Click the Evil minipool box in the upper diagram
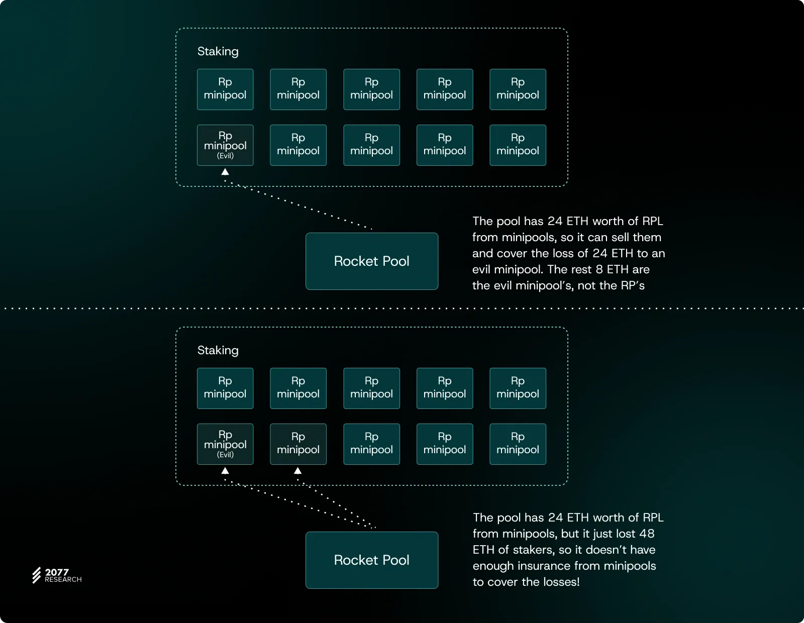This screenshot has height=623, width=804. click(x=225, y=145)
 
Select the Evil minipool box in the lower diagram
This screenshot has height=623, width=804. click(x=225, y=444)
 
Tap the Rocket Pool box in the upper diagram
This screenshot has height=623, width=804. click(x=372, y=261)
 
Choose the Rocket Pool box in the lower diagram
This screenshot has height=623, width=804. click(x=372, y=560)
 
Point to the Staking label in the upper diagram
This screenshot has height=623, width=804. click(x=218, y=51)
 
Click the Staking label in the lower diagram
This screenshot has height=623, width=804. click(x=218, y=350)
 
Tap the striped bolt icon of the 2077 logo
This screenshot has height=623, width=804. click(x=37, y=575)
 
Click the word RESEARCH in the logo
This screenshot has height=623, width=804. click(x=63, y=580)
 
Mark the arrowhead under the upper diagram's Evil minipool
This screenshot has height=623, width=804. click(x=225, y=172)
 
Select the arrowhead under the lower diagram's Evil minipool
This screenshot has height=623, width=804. click(x=225, y=471)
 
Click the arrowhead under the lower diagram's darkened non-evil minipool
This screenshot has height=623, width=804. click(x=297, y=471)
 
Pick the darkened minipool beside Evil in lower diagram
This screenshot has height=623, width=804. click(x=298, y=444)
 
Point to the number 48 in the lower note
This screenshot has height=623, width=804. click(x=647, y=534)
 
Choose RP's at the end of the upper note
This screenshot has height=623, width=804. click(x=632, y=285)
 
